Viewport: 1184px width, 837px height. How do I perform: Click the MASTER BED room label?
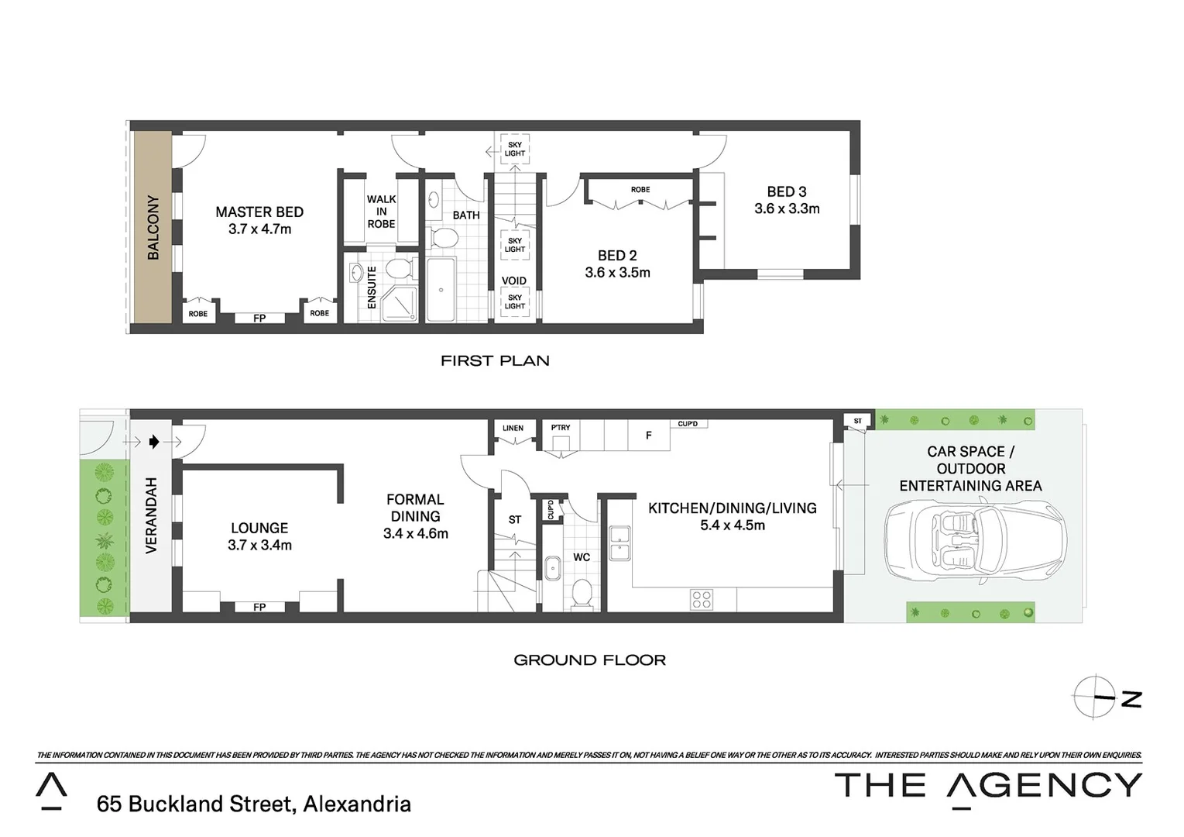[259, 212]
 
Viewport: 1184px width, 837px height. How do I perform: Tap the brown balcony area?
[153, 227]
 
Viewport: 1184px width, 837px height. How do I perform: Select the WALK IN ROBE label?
[381, 212]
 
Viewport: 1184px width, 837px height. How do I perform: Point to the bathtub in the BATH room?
[441, 290]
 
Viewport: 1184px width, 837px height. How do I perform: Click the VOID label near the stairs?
[513, 281]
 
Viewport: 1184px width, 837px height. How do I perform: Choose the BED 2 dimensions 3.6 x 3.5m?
[617, 273]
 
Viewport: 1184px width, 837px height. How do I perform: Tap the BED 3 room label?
[786, 191]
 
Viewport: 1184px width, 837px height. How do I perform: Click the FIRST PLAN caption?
[495, 360]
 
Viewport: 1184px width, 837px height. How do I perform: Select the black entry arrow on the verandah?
[154, 442]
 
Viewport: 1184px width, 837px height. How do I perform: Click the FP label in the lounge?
[259, 607]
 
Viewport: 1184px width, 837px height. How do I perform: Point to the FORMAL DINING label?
[415, 508]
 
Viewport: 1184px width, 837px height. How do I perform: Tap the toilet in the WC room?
[581, 594]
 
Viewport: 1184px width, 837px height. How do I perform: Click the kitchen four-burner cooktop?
[702, 599]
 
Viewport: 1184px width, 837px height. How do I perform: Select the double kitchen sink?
[619, 542]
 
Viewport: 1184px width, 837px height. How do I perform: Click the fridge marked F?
[649, 436]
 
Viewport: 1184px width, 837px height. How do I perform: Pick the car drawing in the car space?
[974, 539]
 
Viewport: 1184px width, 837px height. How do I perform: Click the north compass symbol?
[1096, 697]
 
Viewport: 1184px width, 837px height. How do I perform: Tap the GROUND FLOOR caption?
[589, 660]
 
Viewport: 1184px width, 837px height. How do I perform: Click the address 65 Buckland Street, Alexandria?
[253, 804]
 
